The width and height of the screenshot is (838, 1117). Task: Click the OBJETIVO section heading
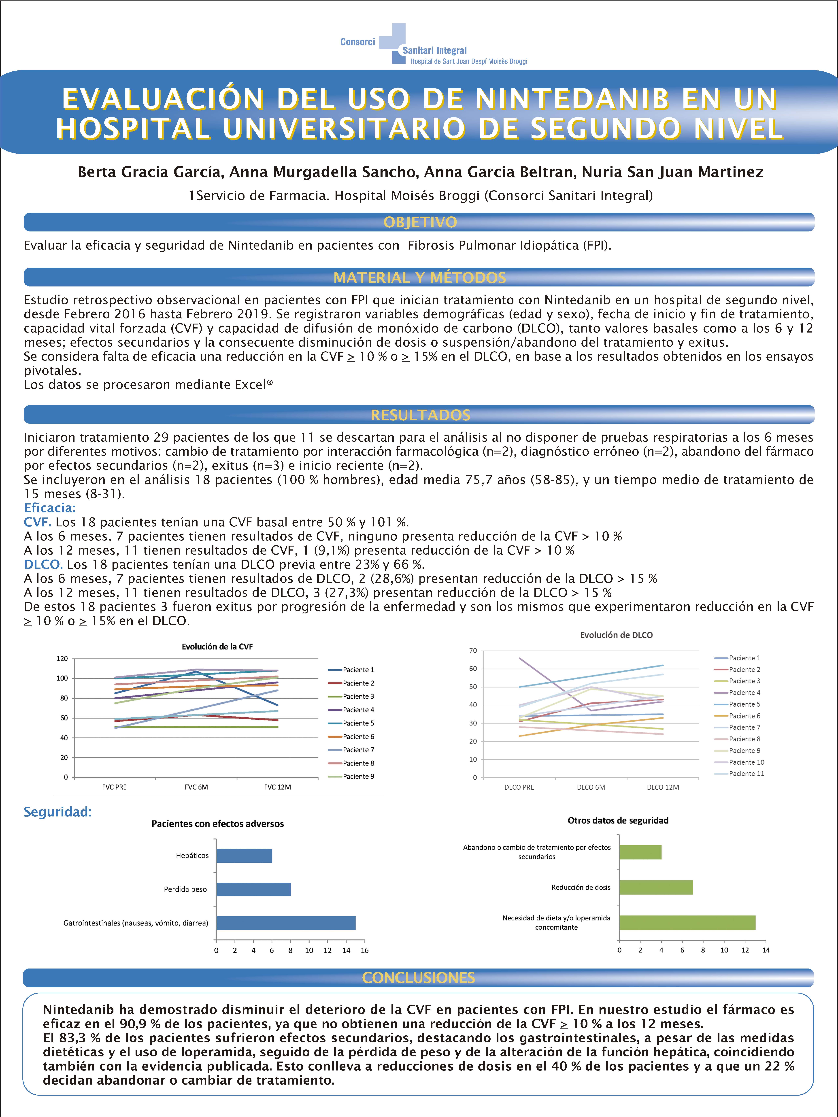point(420,222)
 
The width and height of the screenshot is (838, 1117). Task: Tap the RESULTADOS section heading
point(420,415)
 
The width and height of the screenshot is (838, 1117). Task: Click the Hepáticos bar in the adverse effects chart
point(244,856)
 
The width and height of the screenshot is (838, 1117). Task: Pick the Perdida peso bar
point(254,889)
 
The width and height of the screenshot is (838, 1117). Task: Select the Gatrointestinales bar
point(286,923)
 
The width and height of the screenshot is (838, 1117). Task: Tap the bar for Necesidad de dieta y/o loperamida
point(687,923)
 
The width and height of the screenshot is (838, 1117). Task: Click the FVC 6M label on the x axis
point(196,787)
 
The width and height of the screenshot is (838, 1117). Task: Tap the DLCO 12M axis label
point(663,787)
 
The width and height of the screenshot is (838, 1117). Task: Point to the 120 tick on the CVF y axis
point(62,659)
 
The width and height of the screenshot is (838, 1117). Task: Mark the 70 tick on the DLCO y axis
point(473,650)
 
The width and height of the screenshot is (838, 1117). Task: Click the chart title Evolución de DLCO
point(616,635)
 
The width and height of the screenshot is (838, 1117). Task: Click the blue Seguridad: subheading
point(58,812)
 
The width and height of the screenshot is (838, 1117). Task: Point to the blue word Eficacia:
point(49,508)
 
